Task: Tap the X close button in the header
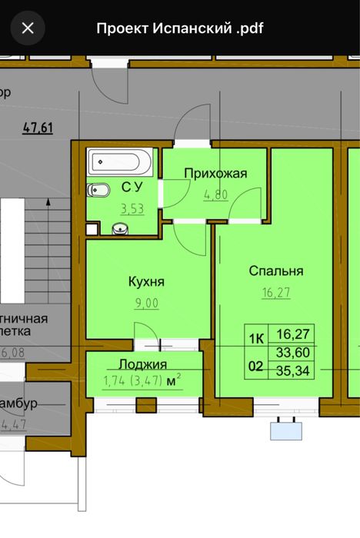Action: tap(28, 28)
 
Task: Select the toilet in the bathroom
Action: tap(101, 189)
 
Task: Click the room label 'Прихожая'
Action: tap(215, 173)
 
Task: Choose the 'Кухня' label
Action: tap(146, 281)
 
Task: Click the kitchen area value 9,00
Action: tap(146, 303)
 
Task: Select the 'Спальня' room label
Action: tap(276, 271)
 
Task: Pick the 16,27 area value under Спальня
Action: tap(276, 292)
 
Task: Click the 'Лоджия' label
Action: tap(143, 364)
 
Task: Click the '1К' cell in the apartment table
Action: tap(255, 337)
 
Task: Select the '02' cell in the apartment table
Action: tap(255, 367)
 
